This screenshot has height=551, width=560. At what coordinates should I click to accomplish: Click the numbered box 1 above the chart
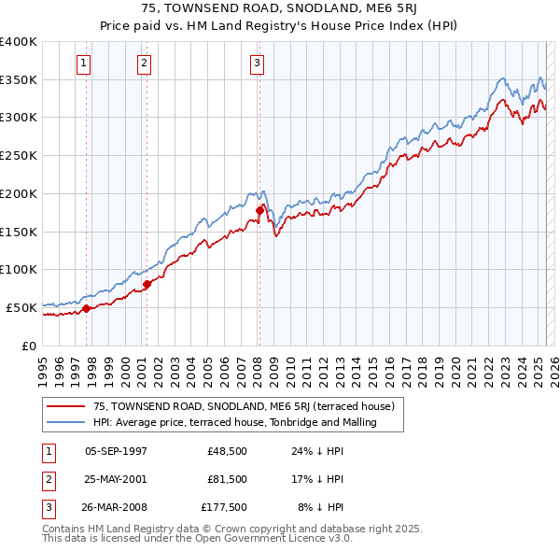click(84, 64)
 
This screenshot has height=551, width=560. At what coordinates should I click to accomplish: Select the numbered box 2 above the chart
click(145, 64)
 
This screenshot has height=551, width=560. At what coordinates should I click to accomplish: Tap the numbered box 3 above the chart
click(257, 64)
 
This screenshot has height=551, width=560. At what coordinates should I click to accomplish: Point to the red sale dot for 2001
click(147, 283)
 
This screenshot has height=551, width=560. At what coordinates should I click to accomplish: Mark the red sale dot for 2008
click(259, 211)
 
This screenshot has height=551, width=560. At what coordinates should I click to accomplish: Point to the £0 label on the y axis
click(29, 345)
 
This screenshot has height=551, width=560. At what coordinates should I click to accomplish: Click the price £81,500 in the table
click(227, 479)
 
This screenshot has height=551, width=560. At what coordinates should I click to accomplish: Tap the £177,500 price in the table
click(224, 507)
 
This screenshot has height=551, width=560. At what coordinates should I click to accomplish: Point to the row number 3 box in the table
click(47, 507)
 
